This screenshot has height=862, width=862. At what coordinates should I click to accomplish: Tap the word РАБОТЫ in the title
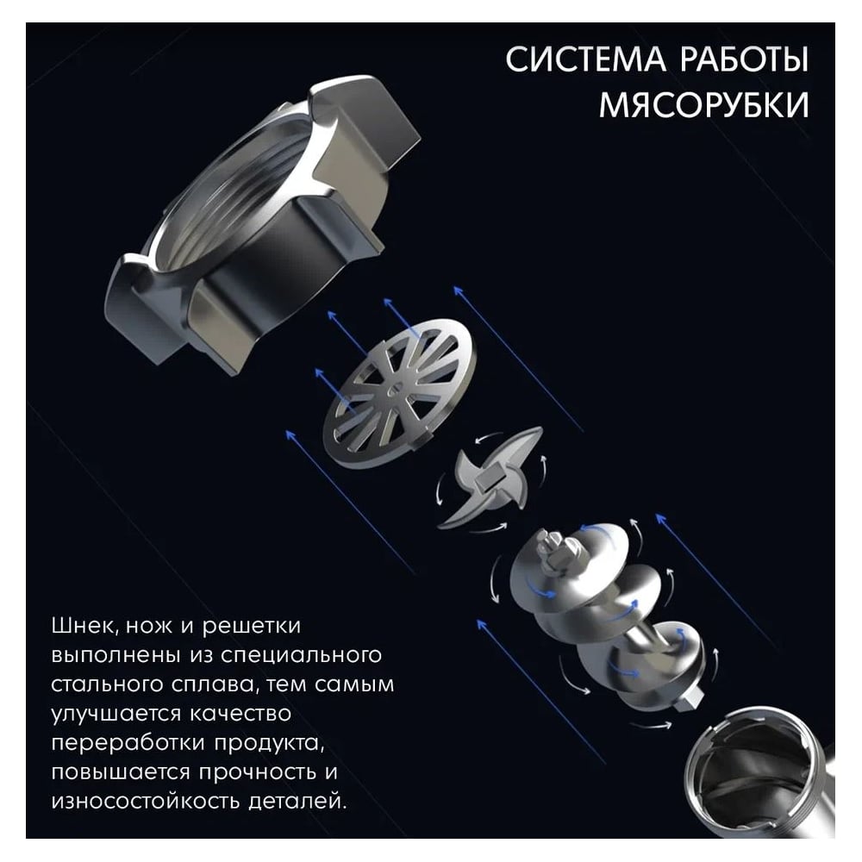pos(745,59)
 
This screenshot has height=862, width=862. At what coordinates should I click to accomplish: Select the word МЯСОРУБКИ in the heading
pos(703,104)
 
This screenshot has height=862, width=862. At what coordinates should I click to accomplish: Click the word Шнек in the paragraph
pos(84,626)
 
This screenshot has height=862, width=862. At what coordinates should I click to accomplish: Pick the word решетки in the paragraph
pos(252,628)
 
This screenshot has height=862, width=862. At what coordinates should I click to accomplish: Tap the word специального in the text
pos(301,656)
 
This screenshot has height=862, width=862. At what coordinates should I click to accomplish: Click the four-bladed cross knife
pos(491,479)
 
